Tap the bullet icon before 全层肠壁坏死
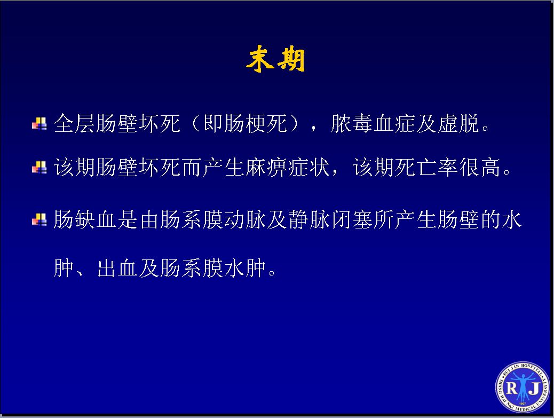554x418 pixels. coord(39,124)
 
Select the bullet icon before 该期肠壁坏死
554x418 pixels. coord(39,167)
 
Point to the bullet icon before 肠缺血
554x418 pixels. coord(39,219)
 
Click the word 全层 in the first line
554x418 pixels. coord(75,123)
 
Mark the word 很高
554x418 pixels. coord(480,167)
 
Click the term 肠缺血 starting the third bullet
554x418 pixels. coord(85,219)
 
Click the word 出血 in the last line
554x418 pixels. coord(117,268)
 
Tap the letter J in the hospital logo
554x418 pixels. coord(535,389)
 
